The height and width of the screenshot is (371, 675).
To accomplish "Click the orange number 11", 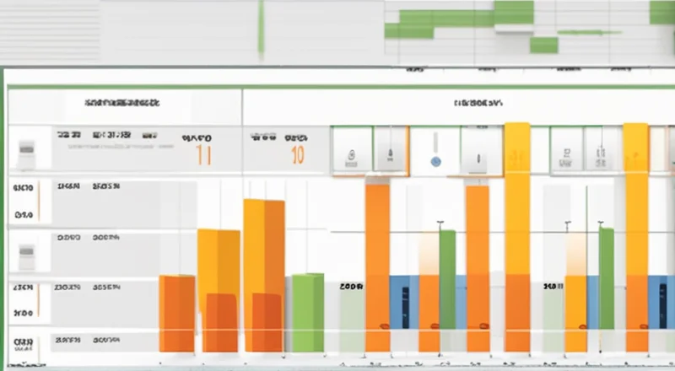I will (203, 154).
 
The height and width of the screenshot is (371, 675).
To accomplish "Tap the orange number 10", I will (296, 154).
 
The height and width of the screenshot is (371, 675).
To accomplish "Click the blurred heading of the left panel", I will (122, 104).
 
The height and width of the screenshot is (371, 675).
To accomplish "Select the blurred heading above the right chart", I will (478, 104).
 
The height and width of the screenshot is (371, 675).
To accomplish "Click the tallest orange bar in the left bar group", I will (264, 274).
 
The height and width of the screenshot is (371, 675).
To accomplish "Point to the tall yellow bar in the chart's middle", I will (517, 236).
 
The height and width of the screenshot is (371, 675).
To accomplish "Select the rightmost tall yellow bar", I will (635, 236).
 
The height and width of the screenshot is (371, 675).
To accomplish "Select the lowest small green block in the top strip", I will (544, 45).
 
